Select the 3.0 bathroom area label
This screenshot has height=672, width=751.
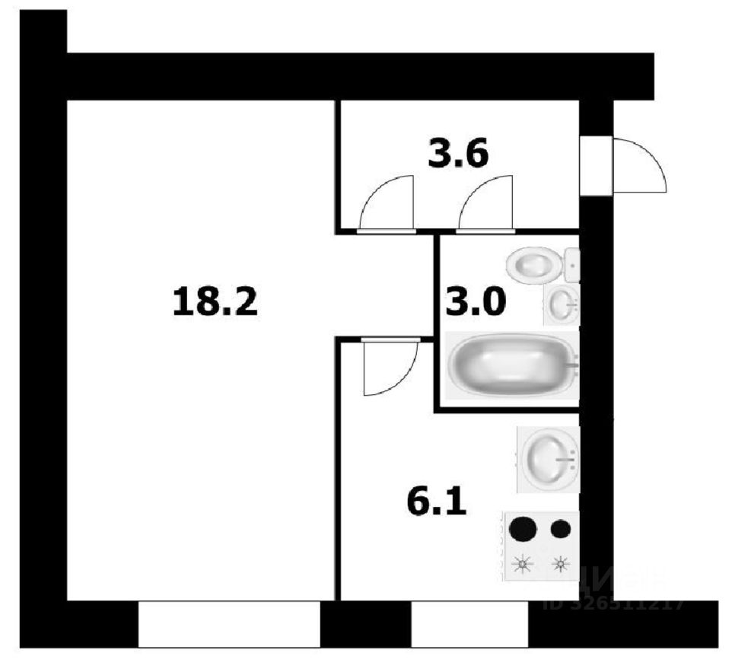(x=476, y=304)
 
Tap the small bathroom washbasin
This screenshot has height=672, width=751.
(x=562, y=304)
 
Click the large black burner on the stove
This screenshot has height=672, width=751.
(x=523, y=528)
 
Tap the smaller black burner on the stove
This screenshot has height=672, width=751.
(x=561, y=528)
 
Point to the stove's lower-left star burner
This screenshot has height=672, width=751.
(x=523, y=563)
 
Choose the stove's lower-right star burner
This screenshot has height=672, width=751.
(x=561, y=563)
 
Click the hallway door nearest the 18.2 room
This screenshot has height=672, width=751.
(x=387, y=203)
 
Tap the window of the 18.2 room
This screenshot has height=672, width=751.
(x=229, y=623)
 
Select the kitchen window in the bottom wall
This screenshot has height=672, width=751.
(x=469, y=623)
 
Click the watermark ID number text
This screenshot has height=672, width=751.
(x=615, y=605)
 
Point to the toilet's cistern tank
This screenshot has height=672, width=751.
(x=572, y=265)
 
